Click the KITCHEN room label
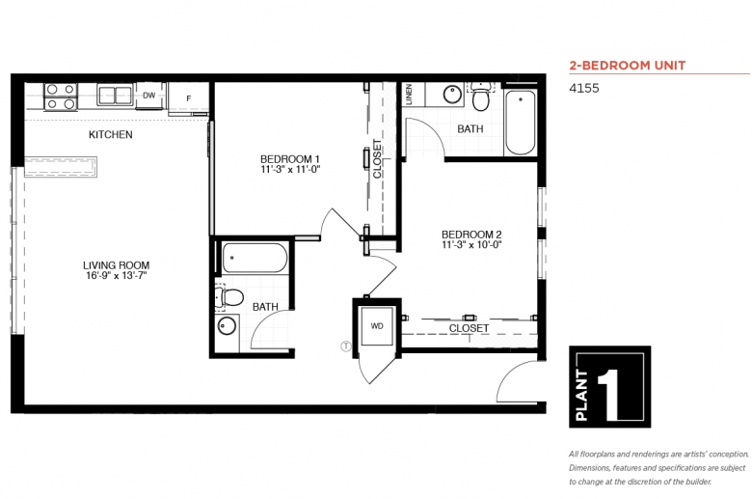click(110, 134)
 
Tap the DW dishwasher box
click(149, 96)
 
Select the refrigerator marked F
click(188, 98)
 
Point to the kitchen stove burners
click(61, 97)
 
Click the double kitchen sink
click(115, 95)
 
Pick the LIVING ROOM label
click(116, 265)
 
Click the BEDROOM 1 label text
click(289, 159)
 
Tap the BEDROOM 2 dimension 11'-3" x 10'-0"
click(471, 245)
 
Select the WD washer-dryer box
click(377, 326)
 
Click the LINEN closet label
click(409, 95)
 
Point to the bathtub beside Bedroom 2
click(521, 122)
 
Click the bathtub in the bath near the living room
click(255, 258)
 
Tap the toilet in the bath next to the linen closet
click(480, 97)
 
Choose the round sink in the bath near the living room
click(227, 326)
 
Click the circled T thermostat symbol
click(345, 346)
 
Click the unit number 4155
click(584, 88)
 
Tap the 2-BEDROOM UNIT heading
click(628, 66)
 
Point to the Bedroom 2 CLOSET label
click(470, 328)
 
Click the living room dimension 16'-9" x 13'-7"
click(116, 276)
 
